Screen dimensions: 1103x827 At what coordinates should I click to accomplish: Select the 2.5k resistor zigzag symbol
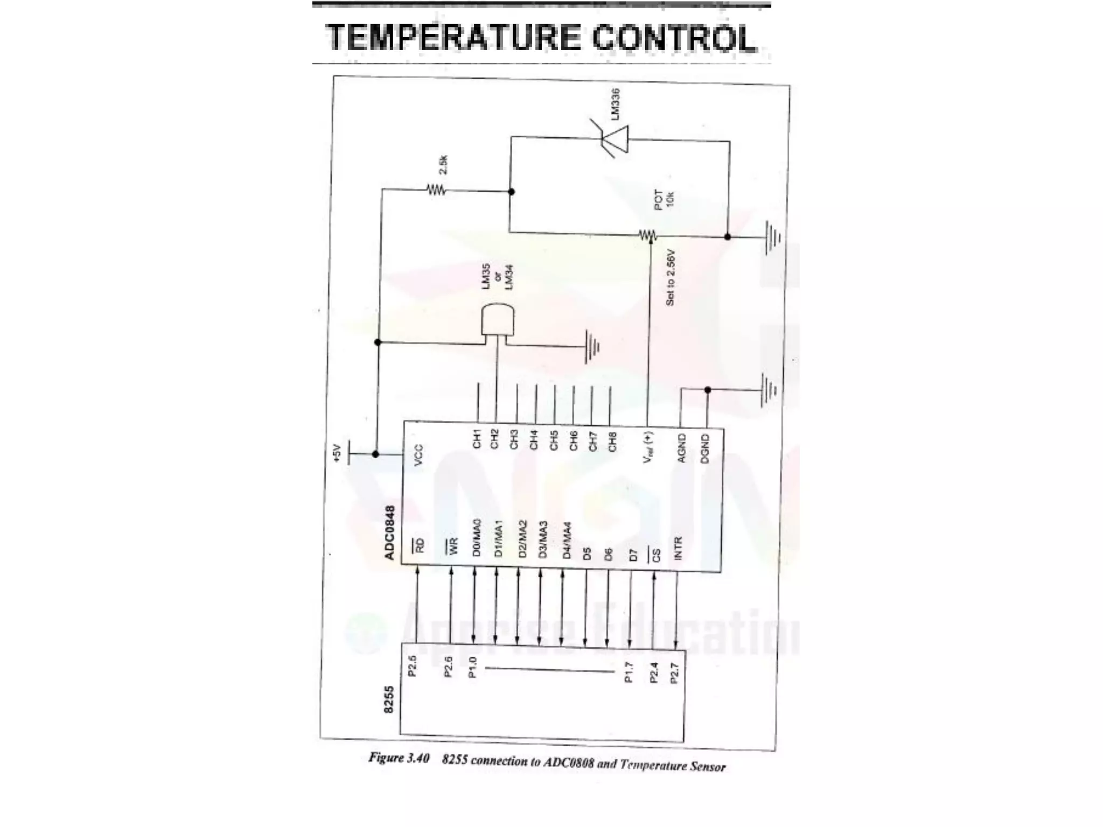click(x=436, y=190)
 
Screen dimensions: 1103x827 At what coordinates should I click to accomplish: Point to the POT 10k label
click(x=664, y=199)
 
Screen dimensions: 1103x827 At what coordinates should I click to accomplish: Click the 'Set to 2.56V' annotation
click(x=670, y=277)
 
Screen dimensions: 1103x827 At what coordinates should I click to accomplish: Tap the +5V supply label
click(x=337, y=453)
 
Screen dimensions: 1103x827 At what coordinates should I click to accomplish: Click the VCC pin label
click(x=419, y=455)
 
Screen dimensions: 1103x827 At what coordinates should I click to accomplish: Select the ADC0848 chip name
click(x=390, y=532)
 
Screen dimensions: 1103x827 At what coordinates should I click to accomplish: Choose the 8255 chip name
click(x=389, y=699)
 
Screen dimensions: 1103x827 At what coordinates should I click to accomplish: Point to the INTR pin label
click(x=678, y=548)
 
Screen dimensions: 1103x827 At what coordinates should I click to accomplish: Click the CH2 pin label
click(x=495, y=439)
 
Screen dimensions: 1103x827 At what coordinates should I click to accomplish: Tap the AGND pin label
click(x=682, y=448)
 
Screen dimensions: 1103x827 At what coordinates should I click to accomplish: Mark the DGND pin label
click(x=706, y=448)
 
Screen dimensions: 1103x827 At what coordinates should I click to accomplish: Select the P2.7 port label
click(x=674, y=673)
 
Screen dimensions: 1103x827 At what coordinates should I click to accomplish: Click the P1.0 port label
click(x=473, y=668)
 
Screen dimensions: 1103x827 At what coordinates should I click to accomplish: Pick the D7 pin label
click(x=633, y=555)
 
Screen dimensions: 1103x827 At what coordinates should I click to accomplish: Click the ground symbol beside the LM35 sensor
click(x=592, y=346)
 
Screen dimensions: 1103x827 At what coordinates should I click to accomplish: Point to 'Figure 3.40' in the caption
click(x=399, y=758)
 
